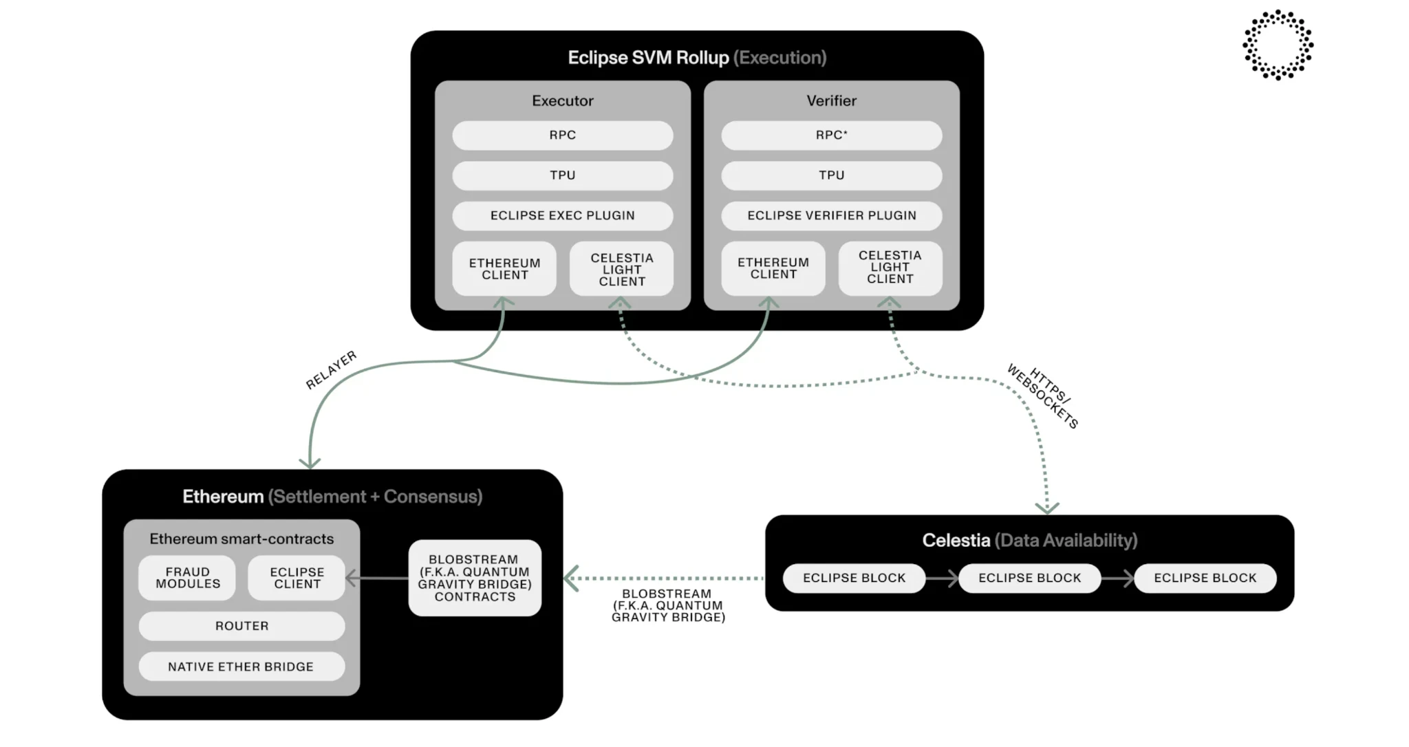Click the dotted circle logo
click(1278, 45)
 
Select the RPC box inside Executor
click(562, 136)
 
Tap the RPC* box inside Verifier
click(831, 136)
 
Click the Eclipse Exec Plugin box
click(562, 215)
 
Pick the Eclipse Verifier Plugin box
click(831, 215)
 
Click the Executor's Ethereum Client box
click(504, 269)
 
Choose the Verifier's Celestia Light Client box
click(890, 268)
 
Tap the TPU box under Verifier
click(831, 175)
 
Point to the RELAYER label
click(331, 370)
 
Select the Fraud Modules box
click(187, 578)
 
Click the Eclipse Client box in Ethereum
click(297, 578)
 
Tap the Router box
click(241, 626)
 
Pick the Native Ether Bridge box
click(241, 667)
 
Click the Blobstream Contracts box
click(475, 578)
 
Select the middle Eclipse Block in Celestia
click(1029, 578)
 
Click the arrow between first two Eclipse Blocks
click(942, 578)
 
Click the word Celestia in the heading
click(956, 541)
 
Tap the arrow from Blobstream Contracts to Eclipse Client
click(376, 578)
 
